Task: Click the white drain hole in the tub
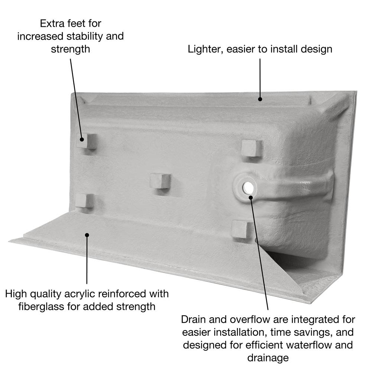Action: (x=248, y=187)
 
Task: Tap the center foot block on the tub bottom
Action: (x=160, y=181)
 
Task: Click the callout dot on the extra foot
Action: (x=82, y=139)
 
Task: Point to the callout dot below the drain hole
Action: (x=251, y=197)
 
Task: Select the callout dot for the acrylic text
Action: (x=87, y=235)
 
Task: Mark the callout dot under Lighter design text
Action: (x=260, y=99)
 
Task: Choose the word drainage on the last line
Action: (x=268, y=358)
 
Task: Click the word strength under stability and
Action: (x=71, y=49)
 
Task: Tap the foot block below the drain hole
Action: (x=240, y=229)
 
